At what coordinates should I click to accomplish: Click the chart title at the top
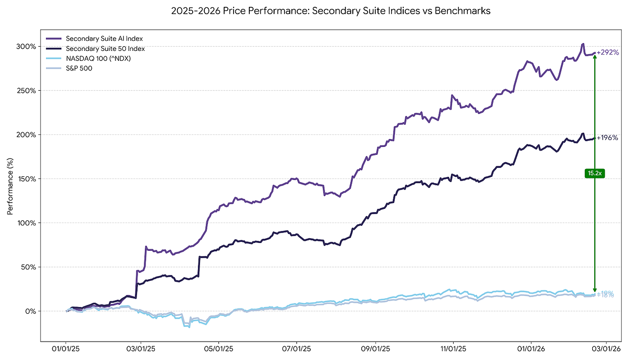coord(331,11)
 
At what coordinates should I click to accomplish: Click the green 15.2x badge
coord(594,173)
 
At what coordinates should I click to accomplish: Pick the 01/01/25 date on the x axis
coord(66,348)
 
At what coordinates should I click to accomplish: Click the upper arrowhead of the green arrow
coord(594,56)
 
